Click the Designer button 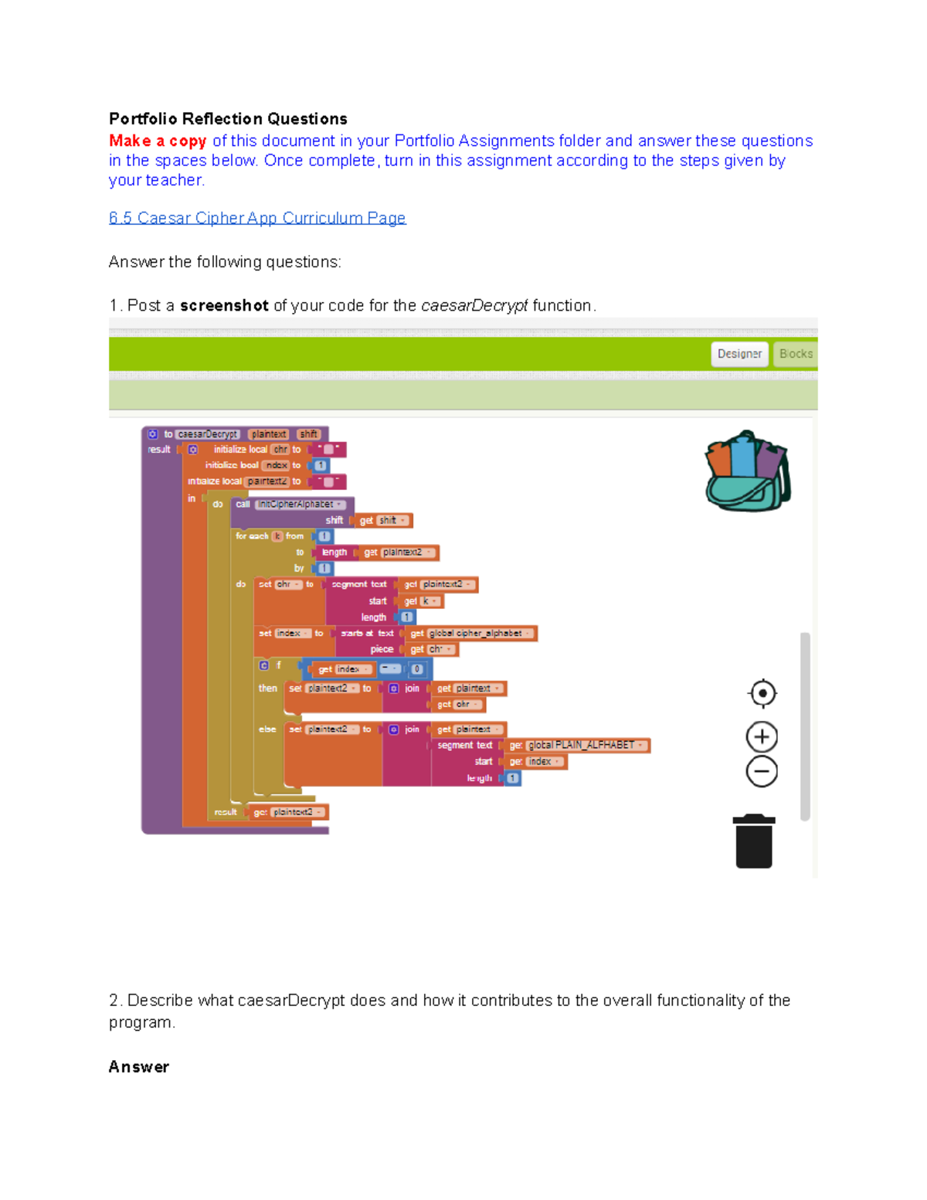point(739,354)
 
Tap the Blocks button point(795,354)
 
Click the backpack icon point(747,471)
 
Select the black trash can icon point(754,841)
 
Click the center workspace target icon point(762,693)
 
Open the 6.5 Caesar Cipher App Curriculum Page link point(257,218)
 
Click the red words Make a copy point(158,141)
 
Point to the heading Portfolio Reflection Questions point(228,119)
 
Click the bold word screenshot point(224,305)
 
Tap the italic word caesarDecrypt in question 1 point(474,305)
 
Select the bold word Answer point(139,1067)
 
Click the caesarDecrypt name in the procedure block point(208,434)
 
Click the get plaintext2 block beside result point(288,812)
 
